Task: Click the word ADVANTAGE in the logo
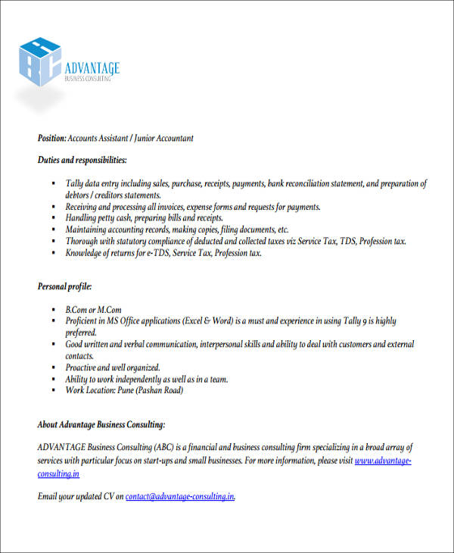click(x=93, y=69)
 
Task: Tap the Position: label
click(x=51, y=139)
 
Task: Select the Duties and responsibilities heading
click(x=82, y=161)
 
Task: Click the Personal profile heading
click(x=64, y=287)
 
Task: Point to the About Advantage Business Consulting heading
click(x=101, y=424)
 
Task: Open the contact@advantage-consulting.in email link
click(x=180, y=497)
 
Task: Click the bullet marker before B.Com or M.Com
click(x=54, y=311)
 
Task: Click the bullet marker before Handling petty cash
click(x=54, y=218)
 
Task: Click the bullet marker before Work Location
click(x=54, y=390)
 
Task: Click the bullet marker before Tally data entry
click(x=54, y=184)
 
